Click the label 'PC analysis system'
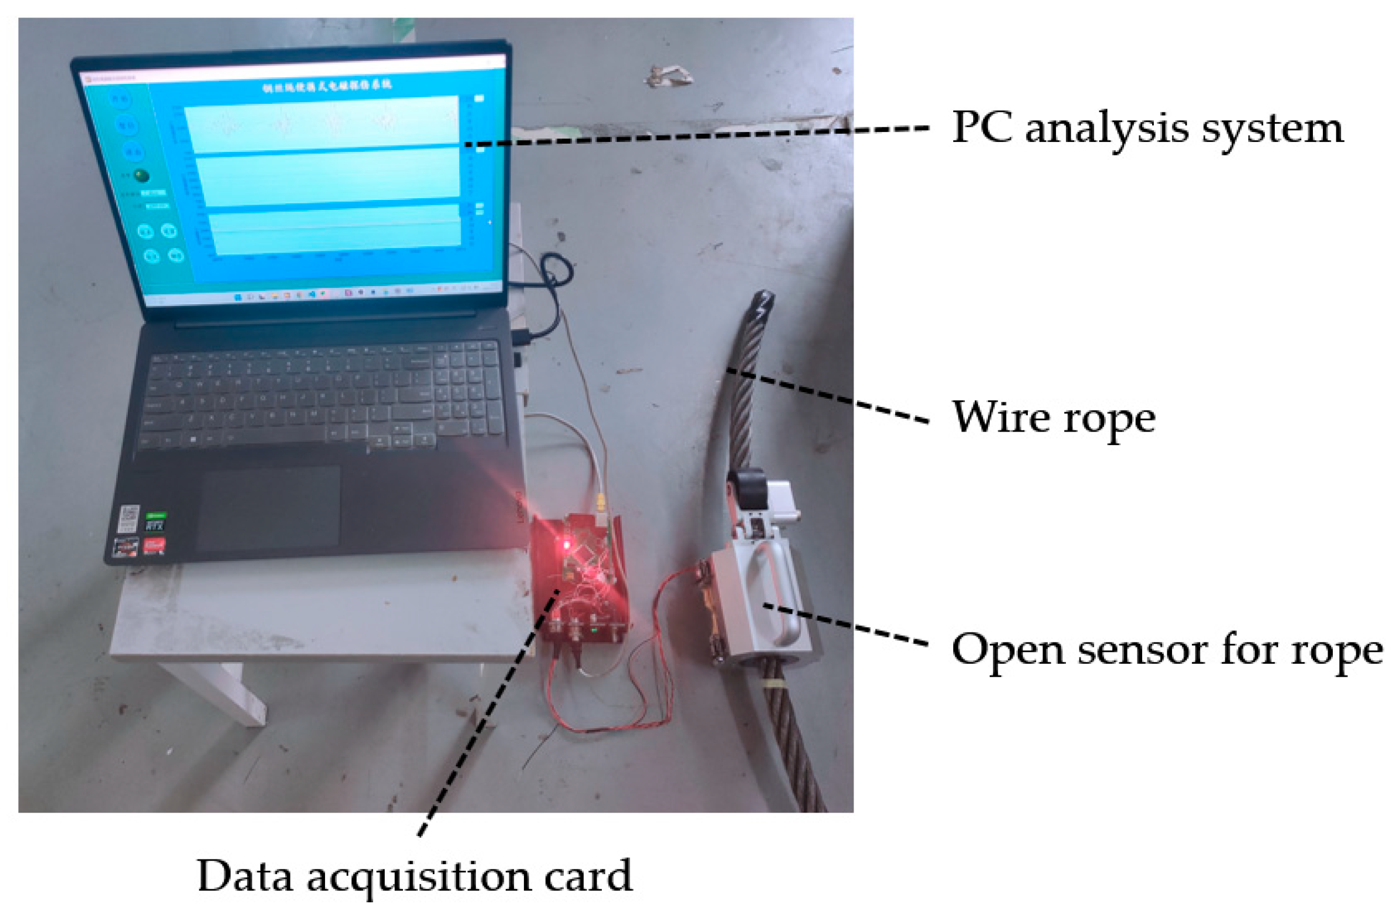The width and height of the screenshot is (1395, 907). click(x=1146, y=128)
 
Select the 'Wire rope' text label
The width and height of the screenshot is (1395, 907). click(x=1053, y=418)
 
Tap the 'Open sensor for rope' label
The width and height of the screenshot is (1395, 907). click(x=1167, y=650)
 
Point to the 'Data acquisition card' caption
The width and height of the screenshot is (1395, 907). click(x=414, y=877)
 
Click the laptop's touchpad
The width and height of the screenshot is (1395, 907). click(x=269, y=508)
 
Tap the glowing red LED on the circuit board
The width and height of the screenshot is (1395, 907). click(x=567, y=545)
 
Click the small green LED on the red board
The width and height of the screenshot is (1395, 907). click(x=594, y=630)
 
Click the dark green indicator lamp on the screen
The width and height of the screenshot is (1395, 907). click(x=141, y=176)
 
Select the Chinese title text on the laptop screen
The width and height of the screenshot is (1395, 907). click(x=327, y=86)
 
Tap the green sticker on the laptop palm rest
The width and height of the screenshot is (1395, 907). click(x=155, y=520)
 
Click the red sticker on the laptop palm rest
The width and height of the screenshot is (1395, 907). click(x=154, y=546)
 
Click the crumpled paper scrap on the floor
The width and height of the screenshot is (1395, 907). click(x=669, y=76)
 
